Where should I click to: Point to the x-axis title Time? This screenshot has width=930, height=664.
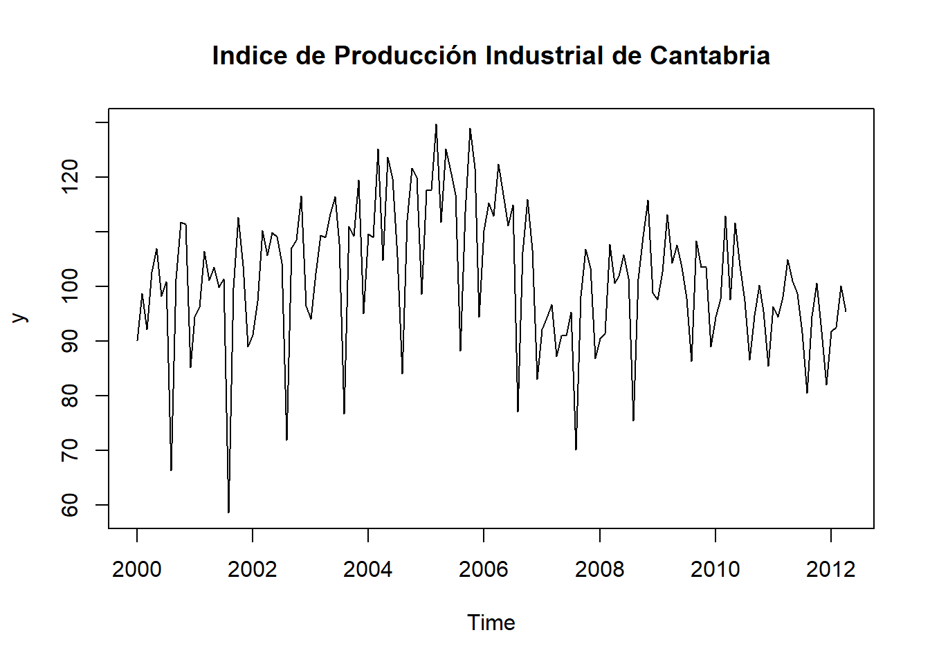pos(491,622)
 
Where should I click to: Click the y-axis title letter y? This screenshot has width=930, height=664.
pos(20,317)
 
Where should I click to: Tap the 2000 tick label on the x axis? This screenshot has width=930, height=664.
pos(136,569)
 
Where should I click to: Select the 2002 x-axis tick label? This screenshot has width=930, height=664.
pos(253,569)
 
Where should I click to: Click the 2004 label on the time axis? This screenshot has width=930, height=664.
pos(368,569)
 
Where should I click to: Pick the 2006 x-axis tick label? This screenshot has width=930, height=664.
pos(484,569)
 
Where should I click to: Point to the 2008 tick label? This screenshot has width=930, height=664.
pos(599,569)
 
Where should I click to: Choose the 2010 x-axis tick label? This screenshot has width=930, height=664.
pos(715,569)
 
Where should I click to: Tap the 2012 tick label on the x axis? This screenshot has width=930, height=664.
pos(831,569)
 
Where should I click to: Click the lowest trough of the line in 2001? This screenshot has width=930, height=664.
pos(228,513)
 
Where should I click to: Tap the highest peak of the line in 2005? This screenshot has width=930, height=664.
pos(436,124)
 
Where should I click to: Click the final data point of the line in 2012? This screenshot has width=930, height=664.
pos(846,311)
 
